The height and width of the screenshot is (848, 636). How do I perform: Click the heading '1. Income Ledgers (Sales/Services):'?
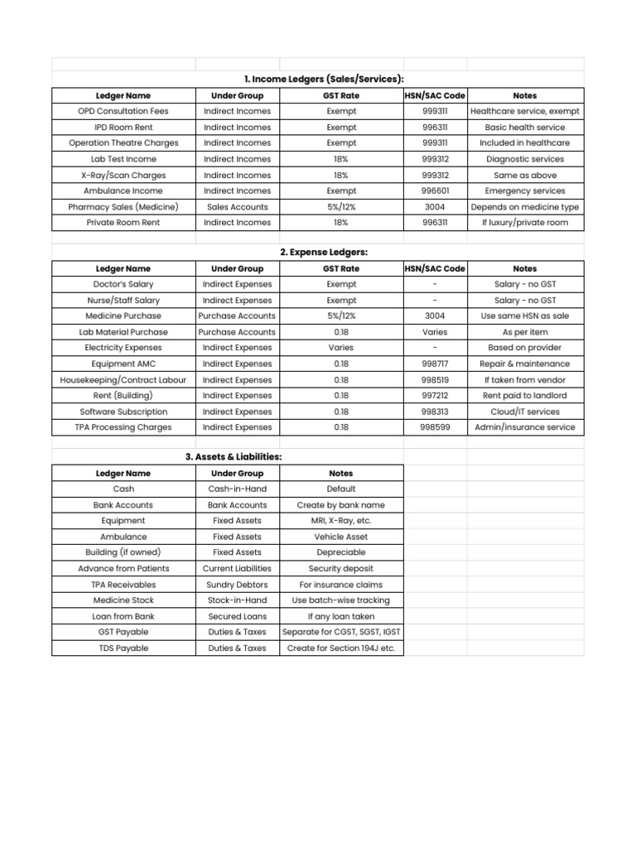pos(324,79)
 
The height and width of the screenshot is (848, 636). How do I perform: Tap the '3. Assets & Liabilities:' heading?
pos(233,457)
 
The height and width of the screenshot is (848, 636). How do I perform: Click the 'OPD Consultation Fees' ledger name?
pos(123,111)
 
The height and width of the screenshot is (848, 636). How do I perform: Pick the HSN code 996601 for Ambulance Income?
pos(435,190)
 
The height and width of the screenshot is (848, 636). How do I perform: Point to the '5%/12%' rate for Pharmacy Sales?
pos(341,207)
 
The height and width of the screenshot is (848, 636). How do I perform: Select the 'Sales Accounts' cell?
pos(238,207)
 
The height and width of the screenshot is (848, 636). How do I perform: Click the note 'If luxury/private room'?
pos(524,223)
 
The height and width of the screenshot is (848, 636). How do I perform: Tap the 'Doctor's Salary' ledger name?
pos(123,284)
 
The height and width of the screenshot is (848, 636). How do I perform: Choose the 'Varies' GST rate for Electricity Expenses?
pos(341,348)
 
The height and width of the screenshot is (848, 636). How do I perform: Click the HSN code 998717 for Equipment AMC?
pos(435,364)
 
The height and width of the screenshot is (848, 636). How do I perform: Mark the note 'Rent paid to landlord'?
pos(524,396)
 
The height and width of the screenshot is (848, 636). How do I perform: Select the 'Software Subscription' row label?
pos(123,412)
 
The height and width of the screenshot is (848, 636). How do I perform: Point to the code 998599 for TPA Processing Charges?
pos(435,427)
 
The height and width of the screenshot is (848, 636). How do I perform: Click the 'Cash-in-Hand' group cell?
pos(238,489)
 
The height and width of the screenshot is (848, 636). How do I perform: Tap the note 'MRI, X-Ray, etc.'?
pos(341,521)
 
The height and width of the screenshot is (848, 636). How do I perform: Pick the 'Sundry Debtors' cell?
pos(238,585)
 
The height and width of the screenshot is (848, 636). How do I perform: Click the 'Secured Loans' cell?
pos(238,616)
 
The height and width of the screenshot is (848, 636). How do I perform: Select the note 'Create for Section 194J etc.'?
pos(341,648)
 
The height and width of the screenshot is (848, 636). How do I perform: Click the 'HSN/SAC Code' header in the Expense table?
pos(435,268)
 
